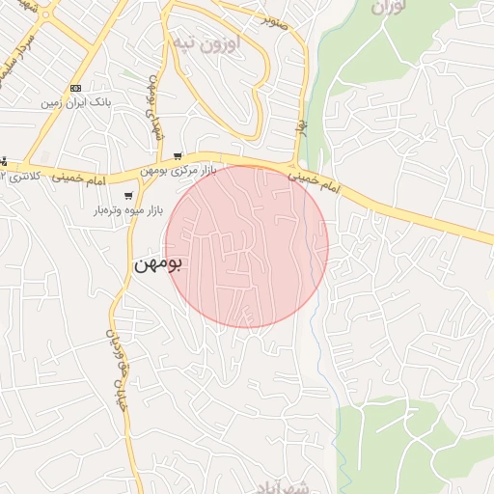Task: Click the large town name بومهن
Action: point(158,263)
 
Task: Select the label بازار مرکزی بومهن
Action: point(178,171)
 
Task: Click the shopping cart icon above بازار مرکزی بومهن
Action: point(178,156)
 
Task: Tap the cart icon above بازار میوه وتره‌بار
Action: point(128,196)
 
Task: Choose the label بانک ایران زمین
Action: point(76,101)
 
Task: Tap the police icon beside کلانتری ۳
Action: point(3,161)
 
